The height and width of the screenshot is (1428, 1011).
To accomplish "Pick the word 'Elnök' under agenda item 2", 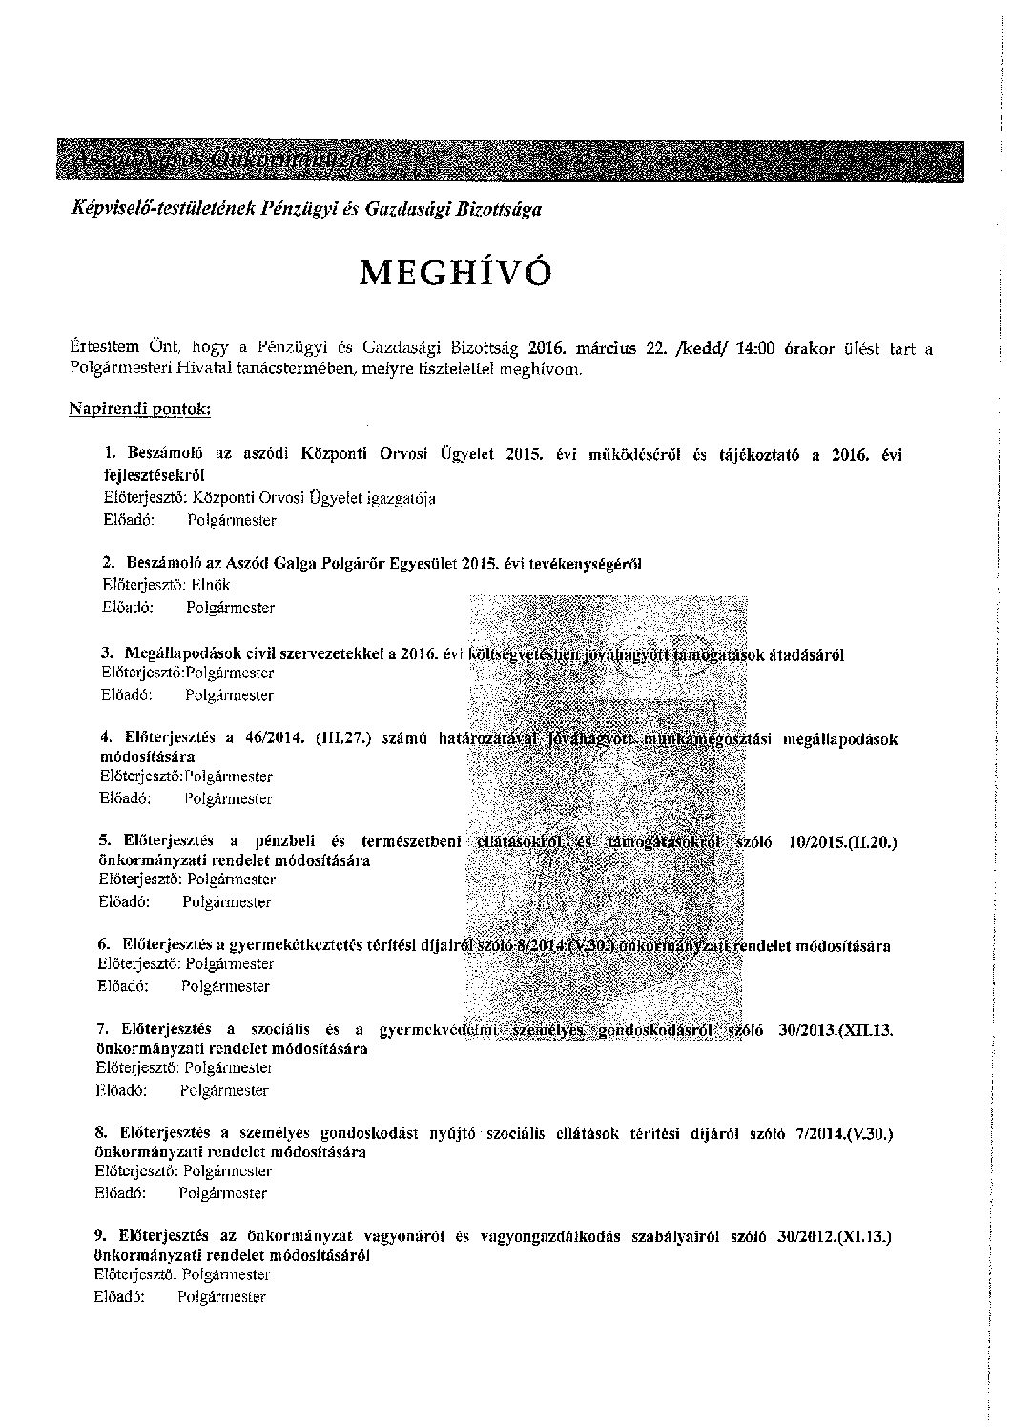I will pyautogui.click(x=211, y=585).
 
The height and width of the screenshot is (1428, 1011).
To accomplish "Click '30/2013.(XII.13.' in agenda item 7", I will pyautogui.click(x=836, y=1030).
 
